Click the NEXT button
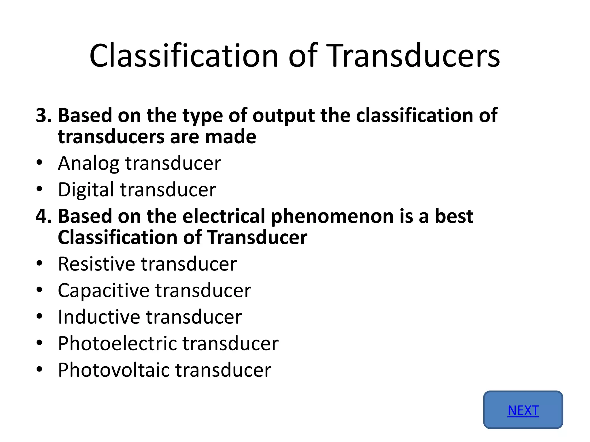tap(523, 410)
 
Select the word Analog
tap(88, 163)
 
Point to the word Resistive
tap(96, 264)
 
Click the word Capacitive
tap(103, 291)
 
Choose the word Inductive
tap(99, 317)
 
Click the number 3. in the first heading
tap(44, 115)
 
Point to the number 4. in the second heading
tap(44, 216)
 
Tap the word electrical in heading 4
tap(224, 216)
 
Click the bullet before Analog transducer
tap(39, 163)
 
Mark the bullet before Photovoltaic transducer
tap(39, 369)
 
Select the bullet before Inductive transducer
tap(39, 317)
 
